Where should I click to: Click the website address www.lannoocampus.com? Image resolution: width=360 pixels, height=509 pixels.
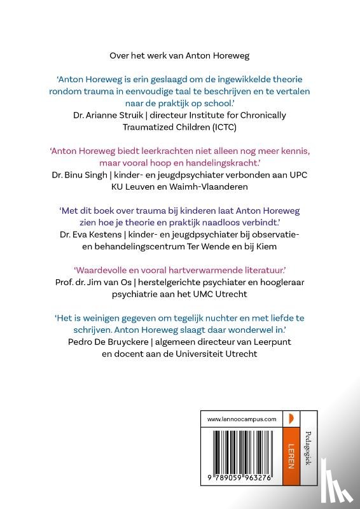coord(242,419)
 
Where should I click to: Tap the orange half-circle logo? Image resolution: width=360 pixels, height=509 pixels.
coord(290,419)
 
